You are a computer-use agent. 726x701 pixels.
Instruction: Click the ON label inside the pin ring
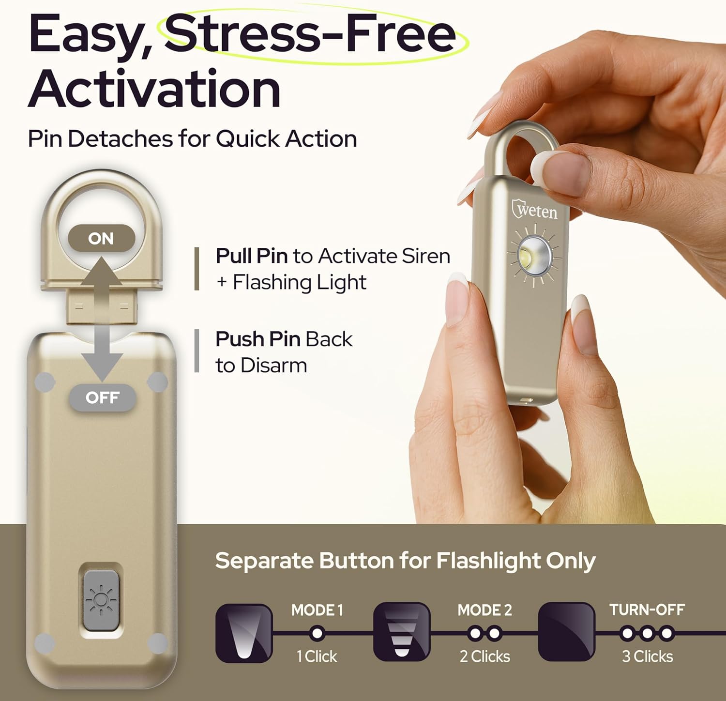pos(101,238)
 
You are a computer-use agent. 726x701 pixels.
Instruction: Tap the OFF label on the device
pos(102,397)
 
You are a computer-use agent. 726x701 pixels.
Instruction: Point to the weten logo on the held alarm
pos(534,210)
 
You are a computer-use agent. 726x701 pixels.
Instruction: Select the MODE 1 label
pos(317,610)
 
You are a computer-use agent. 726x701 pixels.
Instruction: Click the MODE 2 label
pos(484,610)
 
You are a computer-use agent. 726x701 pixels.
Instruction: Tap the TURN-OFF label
pos(647,610)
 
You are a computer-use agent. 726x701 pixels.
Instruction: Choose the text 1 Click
pos(317,656)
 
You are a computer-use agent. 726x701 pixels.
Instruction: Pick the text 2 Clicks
pos(485,656)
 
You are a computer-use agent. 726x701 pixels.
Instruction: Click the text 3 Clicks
pos(648,656)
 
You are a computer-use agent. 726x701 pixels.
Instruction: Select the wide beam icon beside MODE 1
pos(244,633)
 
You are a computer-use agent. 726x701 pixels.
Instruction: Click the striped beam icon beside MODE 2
pos(402,632)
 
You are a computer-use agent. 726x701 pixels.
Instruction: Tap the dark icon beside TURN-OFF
pos(566,632)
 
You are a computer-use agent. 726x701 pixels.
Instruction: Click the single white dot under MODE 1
pos(318,633)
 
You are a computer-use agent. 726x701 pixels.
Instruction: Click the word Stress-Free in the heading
pos(310,34)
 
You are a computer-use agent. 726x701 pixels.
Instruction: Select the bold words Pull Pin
pos(252,256)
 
